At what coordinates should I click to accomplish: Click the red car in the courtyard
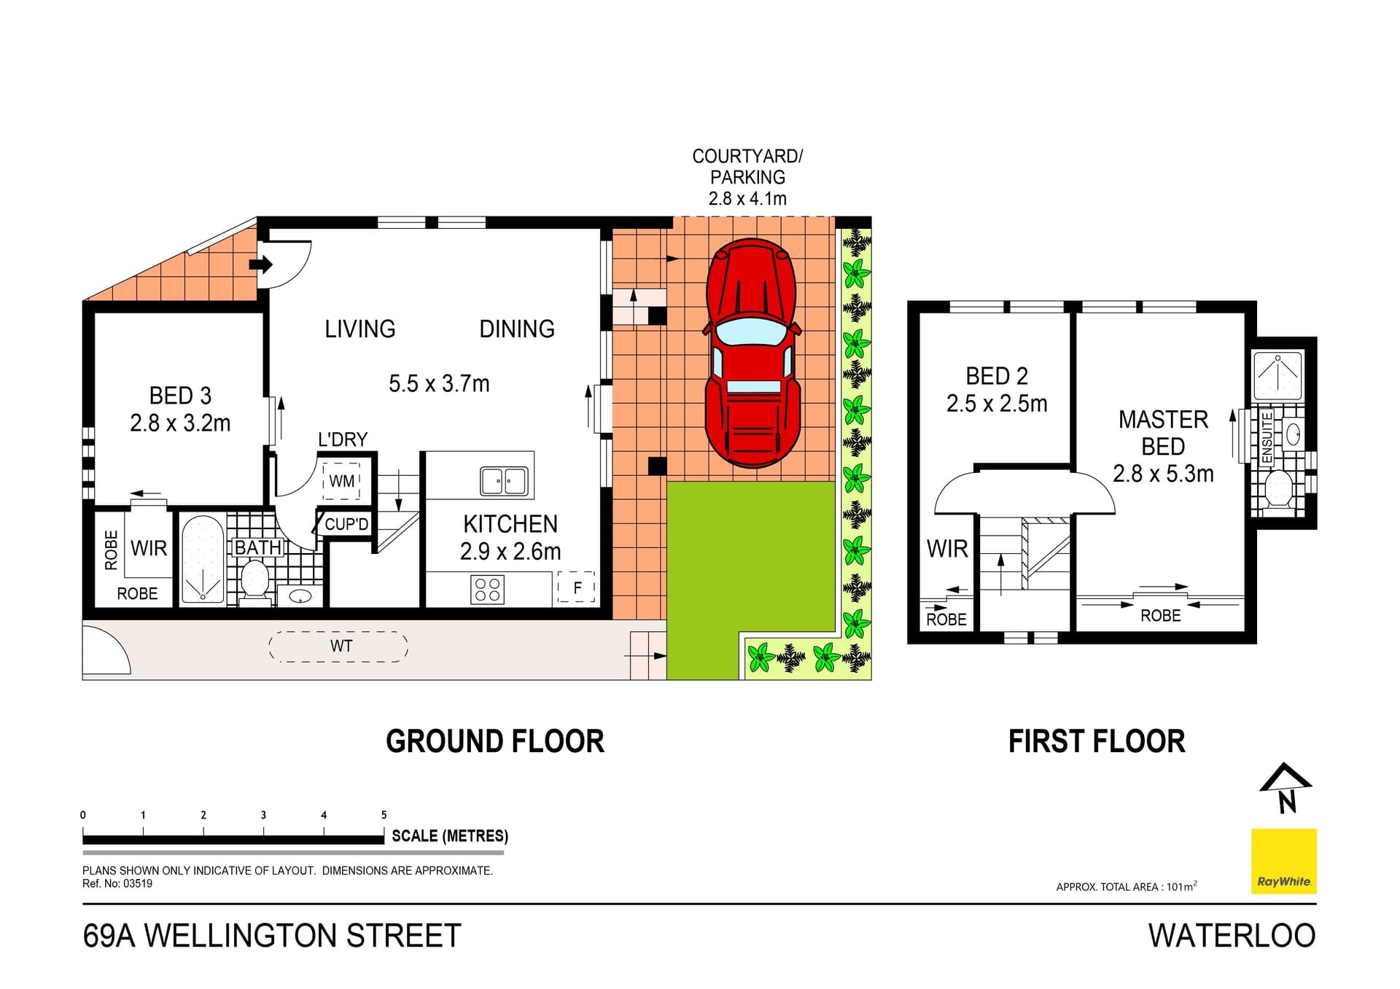pyautogui.click(x=752, y=353)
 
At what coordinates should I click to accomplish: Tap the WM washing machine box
pyautogui.click(x=341, y=481)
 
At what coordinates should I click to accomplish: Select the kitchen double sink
pyautogui.click(x=504, y=481)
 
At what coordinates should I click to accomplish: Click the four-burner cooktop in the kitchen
pyautogui.click(x=487, y=590)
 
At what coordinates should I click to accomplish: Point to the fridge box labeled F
pyautogui.click(x=577, y=587)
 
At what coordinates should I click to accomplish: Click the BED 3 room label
pyautogui.click(x=180, y=396)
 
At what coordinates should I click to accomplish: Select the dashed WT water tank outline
pyautogui.click(x=339, y=646)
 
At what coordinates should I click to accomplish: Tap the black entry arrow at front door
pyautogui.click(x=260, y=264)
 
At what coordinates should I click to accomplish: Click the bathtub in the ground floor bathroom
pyautogui.click(x=203, y=560)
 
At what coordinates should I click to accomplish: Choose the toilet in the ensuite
pyautogui.click(x=1278, y=488)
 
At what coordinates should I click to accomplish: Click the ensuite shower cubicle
pyautogui.click(x=1277, y=375)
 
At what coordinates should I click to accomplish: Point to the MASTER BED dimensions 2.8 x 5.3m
pyautogui.click(x=1163, y=474)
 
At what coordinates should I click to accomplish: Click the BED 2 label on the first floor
pyautogui.click(x=996, y=376)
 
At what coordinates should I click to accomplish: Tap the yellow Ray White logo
pyautogui.click(x=1283, y=861)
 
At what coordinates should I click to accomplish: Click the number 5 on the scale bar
pyautogui.click(x=384, y=815)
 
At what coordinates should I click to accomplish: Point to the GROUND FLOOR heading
pyautogui.click(x=494, y=742)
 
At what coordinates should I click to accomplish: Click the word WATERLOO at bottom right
pyautogui.click(x=1232, y=936)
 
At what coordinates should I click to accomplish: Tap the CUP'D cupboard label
pyautogui.click(x=346, y=524)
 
